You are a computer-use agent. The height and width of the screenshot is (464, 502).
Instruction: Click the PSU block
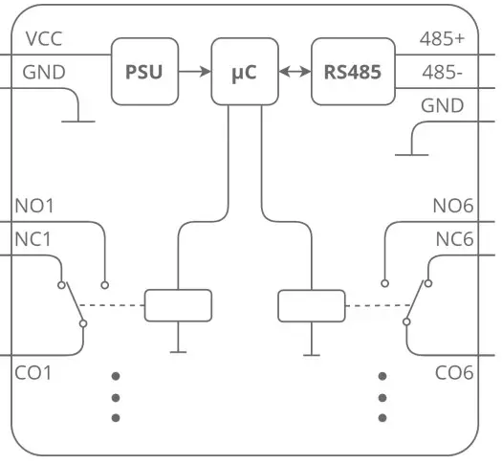click(144, 72)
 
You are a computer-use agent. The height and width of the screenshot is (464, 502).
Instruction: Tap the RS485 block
click(354, 72)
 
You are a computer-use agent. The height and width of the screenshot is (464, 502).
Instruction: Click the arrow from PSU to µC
click(194, 72)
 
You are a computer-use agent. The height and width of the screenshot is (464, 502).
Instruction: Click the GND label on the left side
click(43, 73)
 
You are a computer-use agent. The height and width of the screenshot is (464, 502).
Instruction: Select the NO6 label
click(452, 206)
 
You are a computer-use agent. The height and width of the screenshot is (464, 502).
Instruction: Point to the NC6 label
click(454, 239)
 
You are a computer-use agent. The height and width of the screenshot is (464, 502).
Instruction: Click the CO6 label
click(454, 372)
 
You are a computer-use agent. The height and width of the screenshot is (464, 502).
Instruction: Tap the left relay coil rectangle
click(178, 305)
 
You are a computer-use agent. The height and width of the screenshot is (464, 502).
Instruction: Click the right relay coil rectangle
click(311, 305)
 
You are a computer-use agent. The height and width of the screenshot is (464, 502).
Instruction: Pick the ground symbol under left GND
click(77, 121)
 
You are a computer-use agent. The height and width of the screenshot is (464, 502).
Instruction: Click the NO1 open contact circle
click(105, 284)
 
